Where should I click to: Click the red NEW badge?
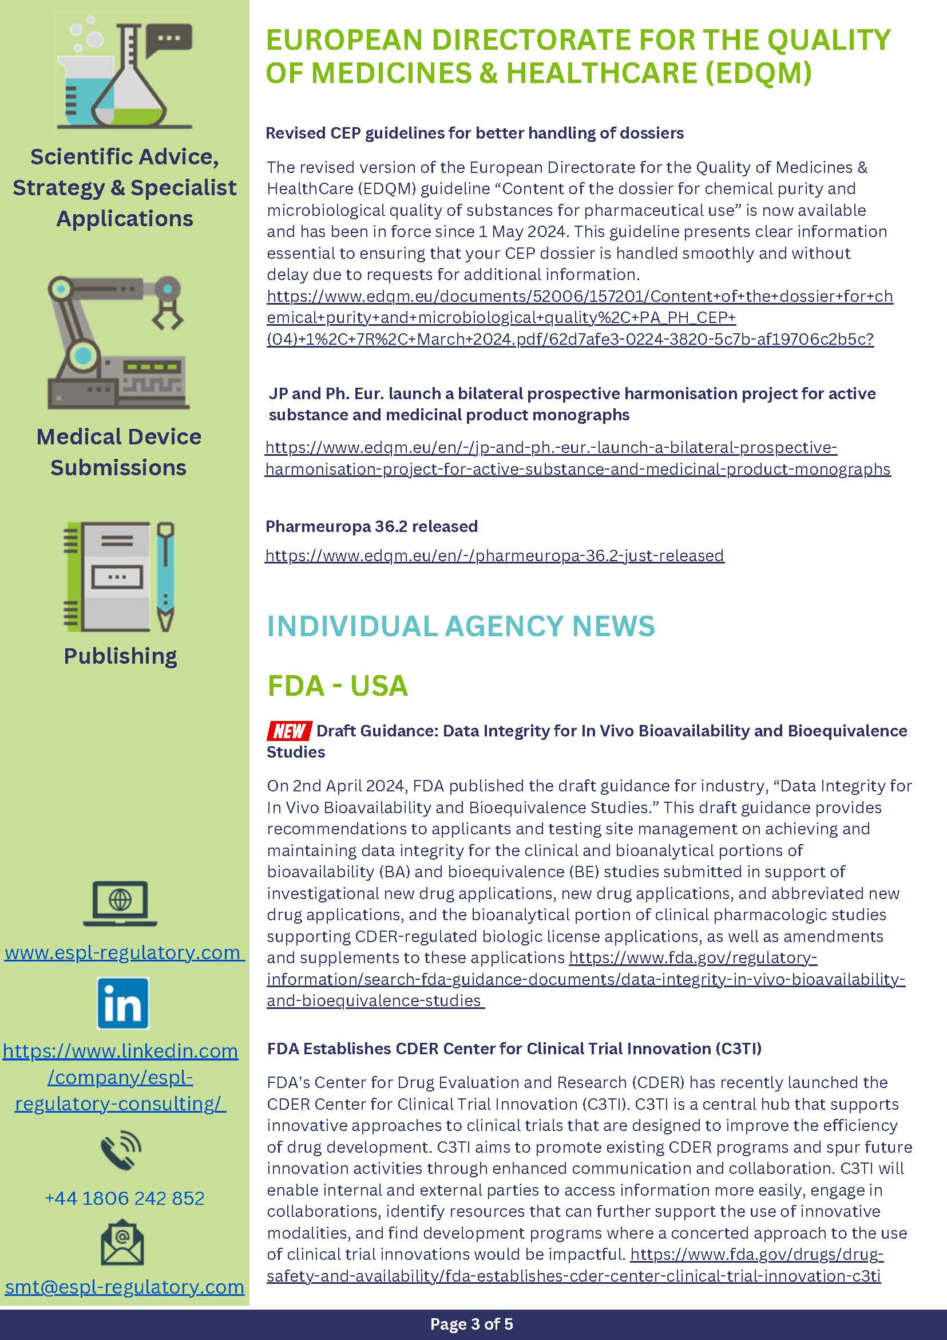[x=289, y=730]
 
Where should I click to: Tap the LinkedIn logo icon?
[x=123, y=1003]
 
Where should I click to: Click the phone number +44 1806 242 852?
[x=125, y=1198]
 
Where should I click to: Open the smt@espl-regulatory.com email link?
[x=125, y=1287]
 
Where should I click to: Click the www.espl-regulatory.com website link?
[x=123, y=953]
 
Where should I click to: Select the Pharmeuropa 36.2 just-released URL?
[x=494, y=555]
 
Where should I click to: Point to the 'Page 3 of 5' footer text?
[x=471, y=1323]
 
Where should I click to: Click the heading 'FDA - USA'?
[x=338, y=685]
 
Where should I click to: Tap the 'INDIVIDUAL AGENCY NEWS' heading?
[x=461, y=626]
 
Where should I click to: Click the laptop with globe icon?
[x=120, y=902]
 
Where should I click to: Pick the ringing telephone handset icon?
[x=121, y=1150]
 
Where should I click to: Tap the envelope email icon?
[x=122, y=1243]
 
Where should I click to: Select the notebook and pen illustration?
[x=119, y=577]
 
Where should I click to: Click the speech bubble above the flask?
[x=169, y=39]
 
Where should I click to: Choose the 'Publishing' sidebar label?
[x=120, y=656]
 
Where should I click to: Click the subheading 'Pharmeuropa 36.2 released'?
[x=371, y=526]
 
